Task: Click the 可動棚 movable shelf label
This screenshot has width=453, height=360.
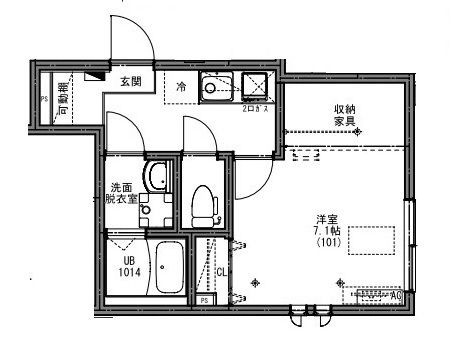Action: (63, 98)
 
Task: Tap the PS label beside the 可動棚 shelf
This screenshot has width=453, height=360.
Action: (44, 98)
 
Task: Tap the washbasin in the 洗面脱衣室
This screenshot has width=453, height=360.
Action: (156, 179)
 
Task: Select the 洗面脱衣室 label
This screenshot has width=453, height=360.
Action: (124, 192)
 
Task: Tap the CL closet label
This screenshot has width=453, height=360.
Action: (221, 271)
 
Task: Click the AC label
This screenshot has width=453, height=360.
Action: (396, 295)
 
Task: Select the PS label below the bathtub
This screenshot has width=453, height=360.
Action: (204, 300)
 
